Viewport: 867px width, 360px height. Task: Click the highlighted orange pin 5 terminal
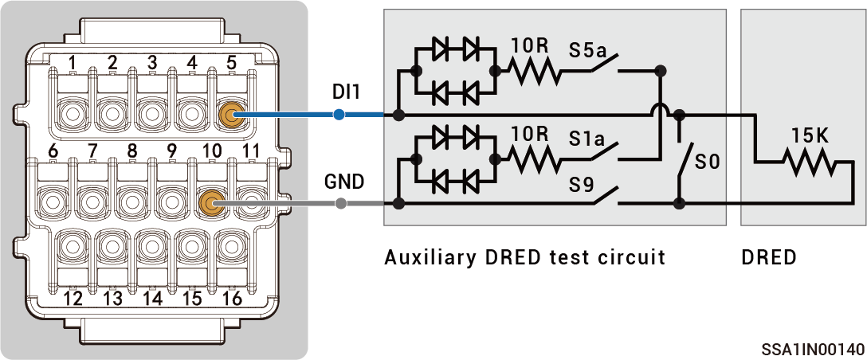(231, 115)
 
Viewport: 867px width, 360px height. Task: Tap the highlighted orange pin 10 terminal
(210, 203)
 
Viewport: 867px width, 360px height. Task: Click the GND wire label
(343, 182)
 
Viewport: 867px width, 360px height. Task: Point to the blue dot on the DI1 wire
(339, 115)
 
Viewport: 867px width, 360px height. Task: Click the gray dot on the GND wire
(341, 203)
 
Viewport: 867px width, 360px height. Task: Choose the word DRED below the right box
(768, 258)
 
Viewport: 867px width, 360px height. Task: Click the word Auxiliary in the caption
(426, 258)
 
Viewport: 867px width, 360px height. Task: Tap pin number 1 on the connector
(73, 62)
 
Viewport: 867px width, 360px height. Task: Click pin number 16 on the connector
(232, 299)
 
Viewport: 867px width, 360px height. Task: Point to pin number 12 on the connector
(73, 299)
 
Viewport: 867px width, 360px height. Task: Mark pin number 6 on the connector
(53, 151)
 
